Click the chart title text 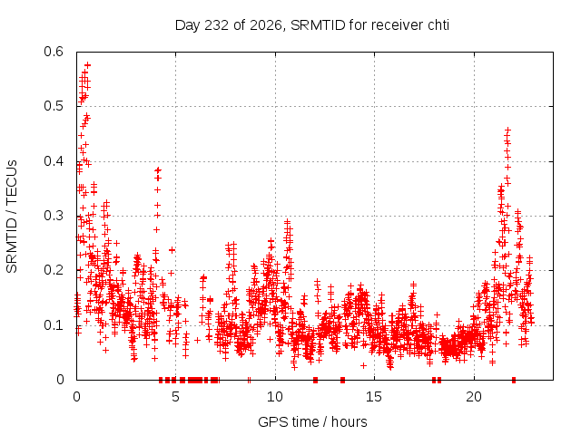312,25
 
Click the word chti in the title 438,25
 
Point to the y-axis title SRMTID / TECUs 12,217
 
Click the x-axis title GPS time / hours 312,421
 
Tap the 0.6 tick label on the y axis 54,52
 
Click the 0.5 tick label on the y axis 54,107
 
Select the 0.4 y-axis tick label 54,161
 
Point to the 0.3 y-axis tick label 54,216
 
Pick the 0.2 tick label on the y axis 54,270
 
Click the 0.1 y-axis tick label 54,325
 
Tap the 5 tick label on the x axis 175,397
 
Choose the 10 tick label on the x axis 275,397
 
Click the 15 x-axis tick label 374,397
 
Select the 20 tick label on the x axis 474,397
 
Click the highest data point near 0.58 88,65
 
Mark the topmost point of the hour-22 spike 508,130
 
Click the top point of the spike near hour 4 159,170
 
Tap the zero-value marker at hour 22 514,380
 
